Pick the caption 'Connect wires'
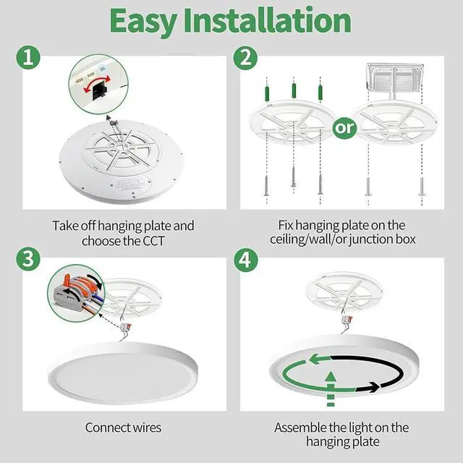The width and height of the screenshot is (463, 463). (x=123, y=428)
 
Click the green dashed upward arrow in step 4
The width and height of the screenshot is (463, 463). (x=331, y=386)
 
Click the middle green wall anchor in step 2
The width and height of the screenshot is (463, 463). (x=293, y=90)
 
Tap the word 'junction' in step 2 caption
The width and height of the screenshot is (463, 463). (x=375, y=241)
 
